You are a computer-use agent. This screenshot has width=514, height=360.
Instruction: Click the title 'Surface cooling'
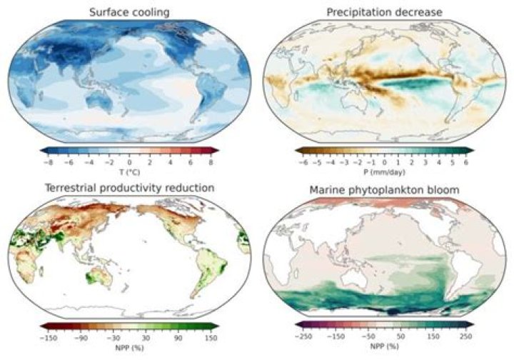click(x=128, y=12)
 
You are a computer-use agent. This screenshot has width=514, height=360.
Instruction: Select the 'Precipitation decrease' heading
click(x=385, y=12)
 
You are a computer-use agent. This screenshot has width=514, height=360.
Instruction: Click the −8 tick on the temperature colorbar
click(x=46, y=161)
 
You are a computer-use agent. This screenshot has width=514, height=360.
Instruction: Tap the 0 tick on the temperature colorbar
click(x=129, y=161)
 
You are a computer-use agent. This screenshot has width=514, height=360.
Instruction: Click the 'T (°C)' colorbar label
click(x=129, y=172)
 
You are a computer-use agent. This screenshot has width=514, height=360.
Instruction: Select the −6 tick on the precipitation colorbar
click(x=303, y=161)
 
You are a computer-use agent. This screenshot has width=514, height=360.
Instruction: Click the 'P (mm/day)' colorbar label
click(x=385, y=172)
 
